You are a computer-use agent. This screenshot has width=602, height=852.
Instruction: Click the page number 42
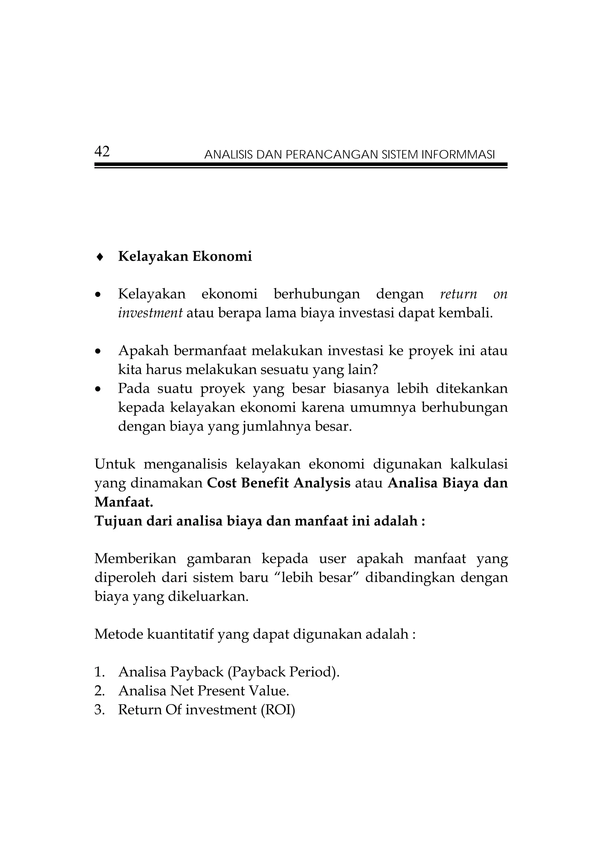point(102,152)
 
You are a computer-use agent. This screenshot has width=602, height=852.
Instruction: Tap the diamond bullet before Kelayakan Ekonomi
point(99,257)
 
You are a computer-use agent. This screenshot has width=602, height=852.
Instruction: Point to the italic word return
point(458,294)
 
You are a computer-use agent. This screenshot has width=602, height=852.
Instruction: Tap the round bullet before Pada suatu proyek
point(98,389)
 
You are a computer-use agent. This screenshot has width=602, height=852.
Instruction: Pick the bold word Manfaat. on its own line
point(124,502)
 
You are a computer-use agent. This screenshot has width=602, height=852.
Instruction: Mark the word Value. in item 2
point(269,691)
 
